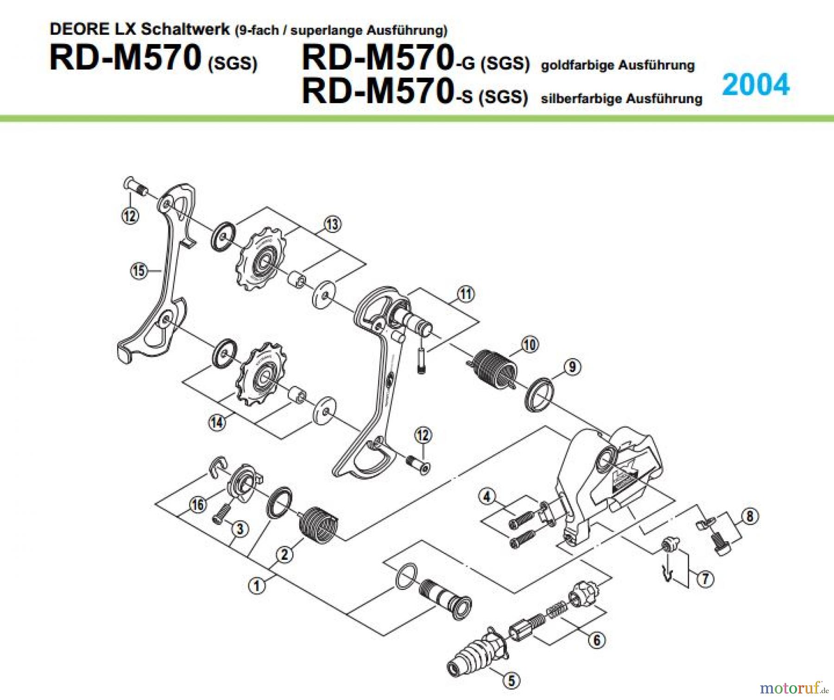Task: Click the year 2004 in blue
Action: coord(755,85)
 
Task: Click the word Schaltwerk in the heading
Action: coord(185,29)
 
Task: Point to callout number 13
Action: coord(332,224)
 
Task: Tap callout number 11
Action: coord(466,294)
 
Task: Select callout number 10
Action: coord(530,344)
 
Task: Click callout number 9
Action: coord(572,367)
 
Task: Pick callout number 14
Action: coord(217,422)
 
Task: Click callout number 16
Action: coord(198,504)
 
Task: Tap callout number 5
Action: coord(512,681)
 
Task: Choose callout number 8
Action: coord(750,516)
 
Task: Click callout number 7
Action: coord(705,579)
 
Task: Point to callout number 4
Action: coord(486,497)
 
